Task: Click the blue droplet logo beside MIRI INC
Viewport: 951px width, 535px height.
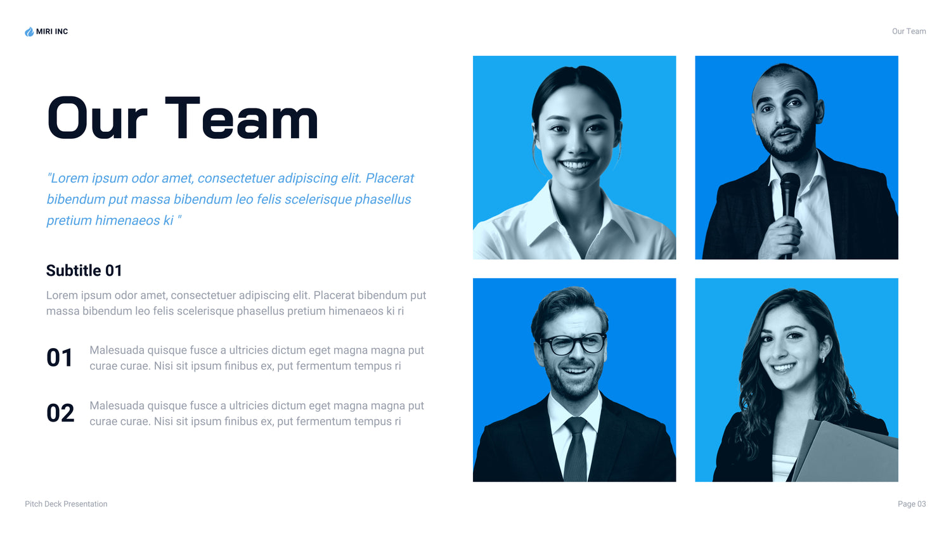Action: click(x=29, y=32)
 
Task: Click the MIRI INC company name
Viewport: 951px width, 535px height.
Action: click(x=52, y=32)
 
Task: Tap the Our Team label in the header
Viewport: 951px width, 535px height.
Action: click(x=909, y=32)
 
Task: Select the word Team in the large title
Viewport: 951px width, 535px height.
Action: click(x=242, y=118)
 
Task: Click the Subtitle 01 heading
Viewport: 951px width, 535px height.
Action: click(x=84, y=271)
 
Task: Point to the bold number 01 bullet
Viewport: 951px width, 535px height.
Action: click(x=60, y=358)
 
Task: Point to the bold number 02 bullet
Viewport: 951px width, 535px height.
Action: click(x=60, y=413)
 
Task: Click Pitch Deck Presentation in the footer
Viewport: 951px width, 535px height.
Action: click(x=66, y=504)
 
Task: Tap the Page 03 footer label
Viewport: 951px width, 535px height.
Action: click(x=912, y=504)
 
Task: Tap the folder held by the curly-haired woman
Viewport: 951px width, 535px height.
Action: click(x=845, y=452)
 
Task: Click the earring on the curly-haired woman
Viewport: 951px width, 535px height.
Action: click(x=823, y=359)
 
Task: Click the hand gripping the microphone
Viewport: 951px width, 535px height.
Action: click(x=781, y=238)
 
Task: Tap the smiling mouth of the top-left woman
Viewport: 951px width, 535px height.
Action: click(x=576, y=165)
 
